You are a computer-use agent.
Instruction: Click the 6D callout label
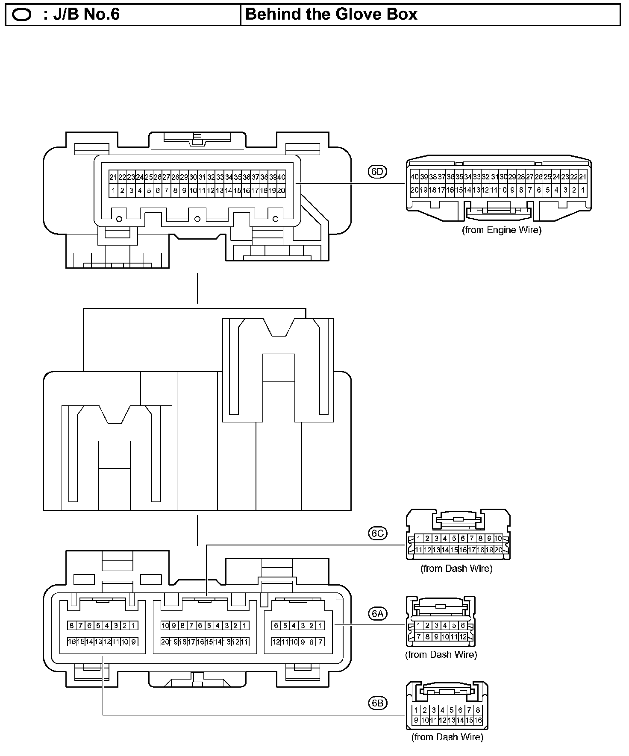pyautogui.click(x=377, y=172)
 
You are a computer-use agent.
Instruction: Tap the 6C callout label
pyautogui.click(x=377, y=533)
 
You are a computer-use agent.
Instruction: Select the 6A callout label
pyautogui.click(x=377, y=614)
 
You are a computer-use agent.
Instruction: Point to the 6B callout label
pyautogui.click(x=377, y=703)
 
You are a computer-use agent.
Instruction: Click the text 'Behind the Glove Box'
pyautogui.click(x=331, y=15)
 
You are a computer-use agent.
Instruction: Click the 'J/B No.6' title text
pyautogui.click(x=81, y=15)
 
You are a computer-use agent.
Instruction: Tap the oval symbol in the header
pyautogui.click(x=22, y=15)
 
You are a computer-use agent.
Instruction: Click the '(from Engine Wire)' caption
pyautogui.click(x=501, y=230)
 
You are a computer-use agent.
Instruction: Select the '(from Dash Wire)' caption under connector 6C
pyautogui.click(x=456, y=568)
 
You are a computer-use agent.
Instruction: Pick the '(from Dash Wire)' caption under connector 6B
pyautogui.click(x=447, y=737)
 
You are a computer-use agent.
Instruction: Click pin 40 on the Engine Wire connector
pyautogui.click(x=414, y=177)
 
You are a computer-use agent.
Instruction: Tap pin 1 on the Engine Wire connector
pyautogui.click(x=583, y=190)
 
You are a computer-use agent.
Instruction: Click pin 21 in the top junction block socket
pyautogui.click(x=113, y=177)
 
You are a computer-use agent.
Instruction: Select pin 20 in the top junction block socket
pyautogui.click(x=281, y=190)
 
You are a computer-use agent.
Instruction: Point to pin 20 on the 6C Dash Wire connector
pyautogui.click(x=498, y=550)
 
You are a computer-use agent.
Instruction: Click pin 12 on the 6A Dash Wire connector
pyautogui.click(x=462, y=637)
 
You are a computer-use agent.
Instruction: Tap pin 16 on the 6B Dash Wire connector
pyautogui.click(x=478, y=720)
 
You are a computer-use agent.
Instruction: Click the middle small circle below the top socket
pyautogui.click(x=197, y=219)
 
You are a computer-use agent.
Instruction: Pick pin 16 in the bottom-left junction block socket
pyautogui.click(x=72, y=642)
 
